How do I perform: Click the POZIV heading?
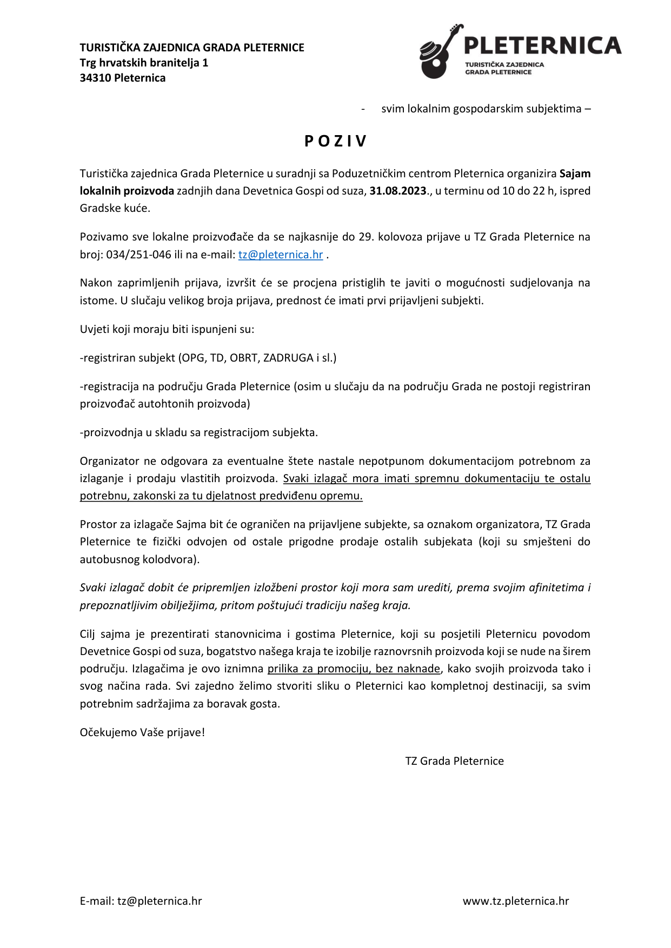[x=335, y=141]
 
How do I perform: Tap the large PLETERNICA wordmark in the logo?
[x=542, y=45]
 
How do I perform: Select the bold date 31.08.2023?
[x=398, y=191]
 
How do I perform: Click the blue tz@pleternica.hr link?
[x=281, y=255]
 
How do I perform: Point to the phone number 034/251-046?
[x=139, y=255]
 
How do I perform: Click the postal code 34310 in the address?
[x=96, y=78]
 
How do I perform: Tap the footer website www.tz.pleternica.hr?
[x=516, y=901]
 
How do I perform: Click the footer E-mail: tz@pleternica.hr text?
[x=141, y=901]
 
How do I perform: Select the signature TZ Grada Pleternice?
[x=454, y=761]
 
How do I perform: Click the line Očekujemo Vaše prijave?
[x=142, y=732]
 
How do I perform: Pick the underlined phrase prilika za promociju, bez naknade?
[x=354, y=669]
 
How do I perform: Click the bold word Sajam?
[x=575, y=173]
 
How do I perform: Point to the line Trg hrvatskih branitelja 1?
[x=144, y=63]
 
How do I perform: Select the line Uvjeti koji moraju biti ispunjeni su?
[x=167, y=329]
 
